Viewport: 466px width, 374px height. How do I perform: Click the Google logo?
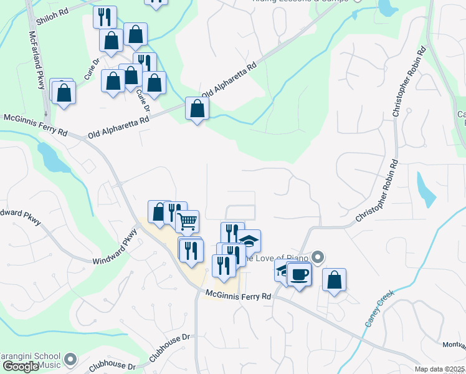[x=21, y=367]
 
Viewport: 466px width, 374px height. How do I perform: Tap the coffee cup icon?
[x=299, y=273]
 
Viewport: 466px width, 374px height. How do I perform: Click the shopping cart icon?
[x=187, y=221]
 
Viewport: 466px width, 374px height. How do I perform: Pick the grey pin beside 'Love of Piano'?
[x=318, y=257]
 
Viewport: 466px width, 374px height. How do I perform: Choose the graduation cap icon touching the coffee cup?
[x=282, y=270]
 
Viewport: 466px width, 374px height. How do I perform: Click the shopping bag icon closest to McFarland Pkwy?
[x=64, y=92]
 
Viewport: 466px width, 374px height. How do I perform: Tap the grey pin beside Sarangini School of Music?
[x=70, y=360]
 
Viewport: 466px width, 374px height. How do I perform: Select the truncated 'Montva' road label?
[x=454, y=346]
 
